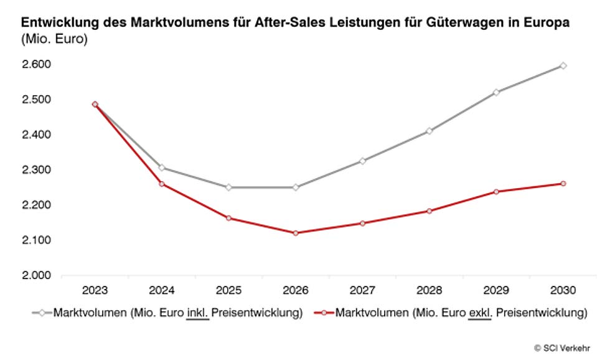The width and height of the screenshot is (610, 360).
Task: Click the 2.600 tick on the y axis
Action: [37, 64]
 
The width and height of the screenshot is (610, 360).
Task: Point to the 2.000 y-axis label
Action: [37, 275]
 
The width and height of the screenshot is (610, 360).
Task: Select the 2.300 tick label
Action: [37, 170]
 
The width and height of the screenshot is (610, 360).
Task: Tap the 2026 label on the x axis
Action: [296, 290]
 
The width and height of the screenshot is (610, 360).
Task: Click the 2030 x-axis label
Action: [563, 290]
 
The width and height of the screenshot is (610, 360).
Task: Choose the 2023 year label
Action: [95, 290]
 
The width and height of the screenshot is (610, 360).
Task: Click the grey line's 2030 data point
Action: [563, 65]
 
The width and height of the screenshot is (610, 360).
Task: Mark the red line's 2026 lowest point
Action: [296, 233]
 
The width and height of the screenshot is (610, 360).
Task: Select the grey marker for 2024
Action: [162, 168]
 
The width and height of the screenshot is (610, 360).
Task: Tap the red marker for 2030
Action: [563, 184]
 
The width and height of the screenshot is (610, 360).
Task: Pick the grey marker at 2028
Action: [429, 131]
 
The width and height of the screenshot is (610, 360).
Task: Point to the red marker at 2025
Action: [228, 218]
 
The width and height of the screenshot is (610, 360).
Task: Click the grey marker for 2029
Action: [496, 92]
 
